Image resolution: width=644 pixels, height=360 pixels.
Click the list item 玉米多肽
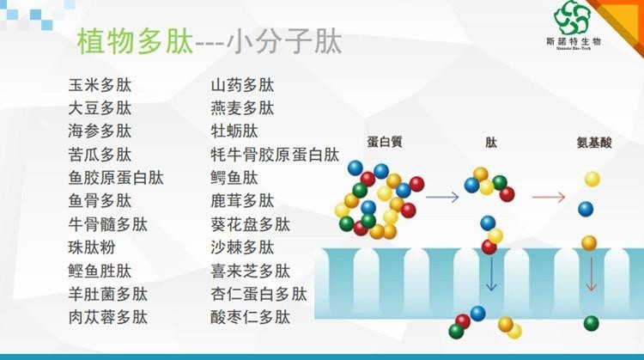[100, 85]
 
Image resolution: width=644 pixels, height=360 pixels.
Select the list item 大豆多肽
[100, 108]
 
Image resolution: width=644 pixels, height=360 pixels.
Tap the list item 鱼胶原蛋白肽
[116, 178]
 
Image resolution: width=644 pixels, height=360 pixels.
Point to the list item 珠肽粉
[92, 247]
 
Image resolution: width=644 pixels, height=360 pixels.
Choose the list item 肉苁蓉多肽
[107, 317]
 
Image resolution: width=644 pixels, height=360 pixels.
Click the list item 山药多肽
[242, 85]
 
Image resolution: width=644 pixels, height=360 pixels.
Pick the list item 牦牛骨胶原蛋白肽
[275, 155]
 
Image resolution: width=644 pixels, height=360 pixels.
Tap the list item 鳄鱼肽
[234, 178]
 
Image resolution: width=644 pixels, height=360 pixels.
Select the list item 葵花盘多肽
[250, 224]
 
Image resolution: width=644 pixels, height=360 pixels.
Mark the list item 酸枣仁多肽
[250, 317]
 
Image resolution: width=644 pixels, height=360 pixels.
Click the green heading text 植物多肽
[135, 41]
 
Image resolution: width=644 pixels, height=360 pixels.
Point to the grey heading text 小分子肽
[284, 41]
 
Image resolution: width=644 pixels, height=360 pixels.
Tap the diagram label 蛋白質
[385, 142]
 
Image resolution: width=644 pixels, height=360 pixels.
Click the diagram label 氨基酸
[594, 142]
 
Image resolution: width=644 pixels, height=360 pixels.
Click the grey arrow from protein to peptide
[442, 198]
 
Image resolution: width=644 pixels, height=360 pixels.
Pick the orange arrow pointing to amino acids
[549, 198]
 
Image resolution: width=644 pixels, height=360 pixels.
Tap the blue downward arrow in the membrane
[491, 275]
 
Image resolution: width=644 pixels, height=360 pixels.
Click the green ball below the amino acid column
[591, 323]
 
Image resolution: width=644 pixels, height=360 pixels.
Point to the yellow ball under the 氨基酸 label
[592, 179]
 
